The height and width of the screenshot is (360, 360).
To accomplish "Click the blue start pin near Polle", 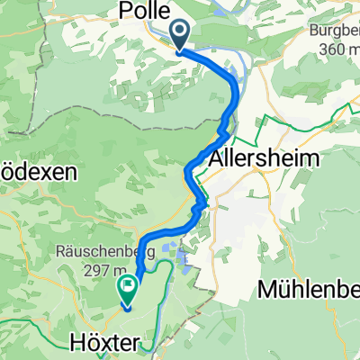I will click(179, 36).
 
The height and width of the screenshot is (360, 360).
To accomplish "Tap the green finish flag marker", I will click(126, 290).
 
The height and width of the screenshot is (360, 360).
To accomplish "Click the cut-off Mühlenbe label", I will click(307, 289).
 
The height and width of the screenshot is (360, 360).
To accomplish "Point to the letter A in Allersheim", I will click(216, 156).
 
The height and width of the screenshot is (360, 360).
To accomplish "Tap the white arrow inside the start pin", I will click(179, 33).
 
